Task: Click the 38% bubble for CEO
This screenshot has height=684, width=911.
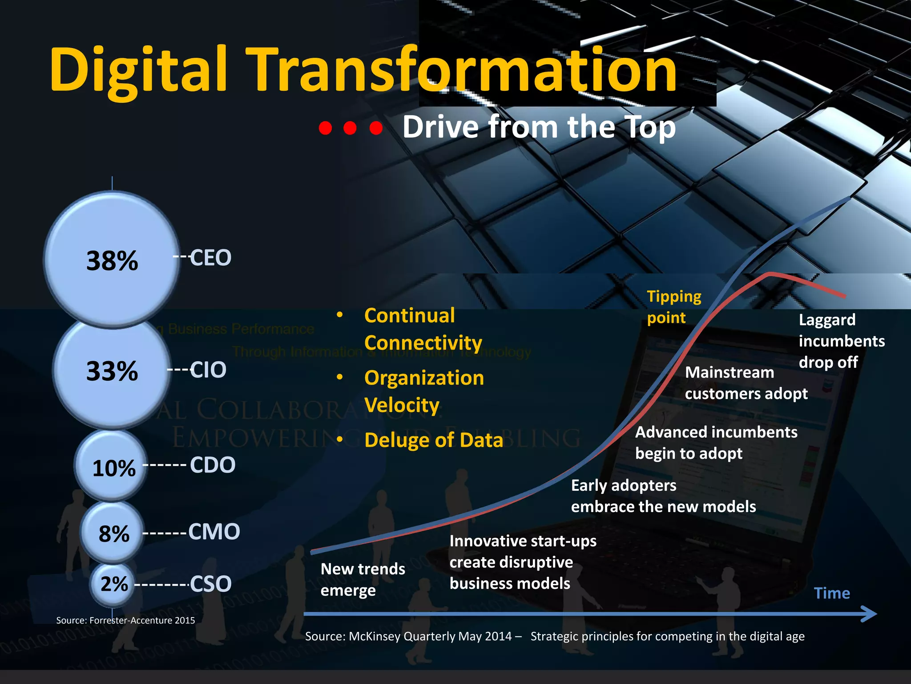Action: pos(112,261)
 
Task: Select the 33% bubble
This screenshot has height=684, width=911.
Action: pos(112,371)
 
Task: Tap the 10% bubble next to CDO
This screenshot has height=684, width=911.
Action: pos(112,466)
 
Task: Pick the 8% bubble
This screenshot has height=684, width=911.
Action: pos(113,532)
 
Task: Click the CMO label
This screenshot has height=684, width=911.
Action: pos(214,532)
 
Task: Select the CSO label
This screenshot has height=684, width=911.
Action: pos(210,584)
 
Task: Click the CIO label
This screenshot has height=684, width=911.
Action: pos(208,370)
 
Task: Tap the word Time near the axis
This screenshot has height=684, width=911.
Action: pos(831,593)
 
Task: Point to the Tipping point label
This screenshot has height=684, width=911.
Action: pos(673,307)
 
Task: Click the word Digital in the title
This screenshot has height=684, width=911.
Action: pos(138,70)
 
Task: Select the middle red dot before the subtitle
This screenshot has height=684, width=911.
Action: pos(351,128)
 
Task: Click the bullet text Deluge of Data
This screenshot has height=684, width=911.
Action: pos(433,440)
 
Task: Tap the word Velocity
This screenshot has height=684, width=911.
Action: pos(402,405)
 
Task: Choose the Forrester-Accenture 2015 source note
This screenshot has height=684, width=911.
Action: pos(125,620)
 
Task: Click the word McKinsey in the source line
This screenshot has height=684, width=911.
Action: pos(374,636)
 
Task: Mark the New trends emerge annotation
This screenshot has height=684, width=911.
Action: pos(363,579)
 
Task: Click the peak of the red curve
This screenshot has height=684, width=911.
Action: pos(770,273)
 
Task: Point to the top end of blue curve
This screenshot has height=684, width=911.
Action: pos(849,198)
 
